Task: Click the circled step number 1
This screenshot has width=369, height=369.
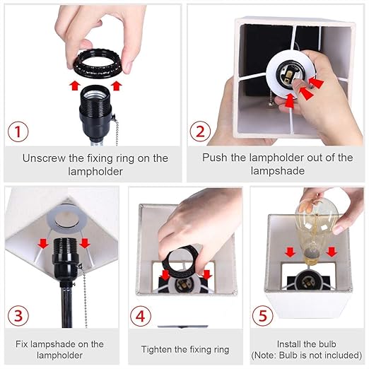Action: (18, 131)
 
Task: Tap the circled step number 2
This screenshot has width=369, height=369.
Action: (200, 131)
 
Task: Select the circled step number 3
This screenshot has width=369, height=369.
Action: (18, 315)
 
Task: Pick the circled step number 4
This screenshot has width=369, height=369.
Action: (141, 316)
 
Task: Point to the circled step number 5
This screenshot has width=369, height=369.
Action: (262, 315)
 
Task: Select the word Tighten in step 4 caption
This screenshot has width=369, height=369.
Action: (156, 349)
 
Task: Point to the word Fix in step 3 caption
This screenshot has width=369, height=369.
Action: (22, 344)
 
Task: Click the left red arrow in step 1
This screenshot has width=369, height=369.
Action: (75, 86)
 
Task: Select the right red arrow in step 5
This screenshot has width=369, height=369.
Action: (332, 252)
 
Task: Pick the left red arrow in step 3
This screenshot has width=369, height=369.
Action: (43, 243)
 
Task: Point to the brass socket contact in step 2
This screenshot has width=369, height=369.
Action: (287, 75)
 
